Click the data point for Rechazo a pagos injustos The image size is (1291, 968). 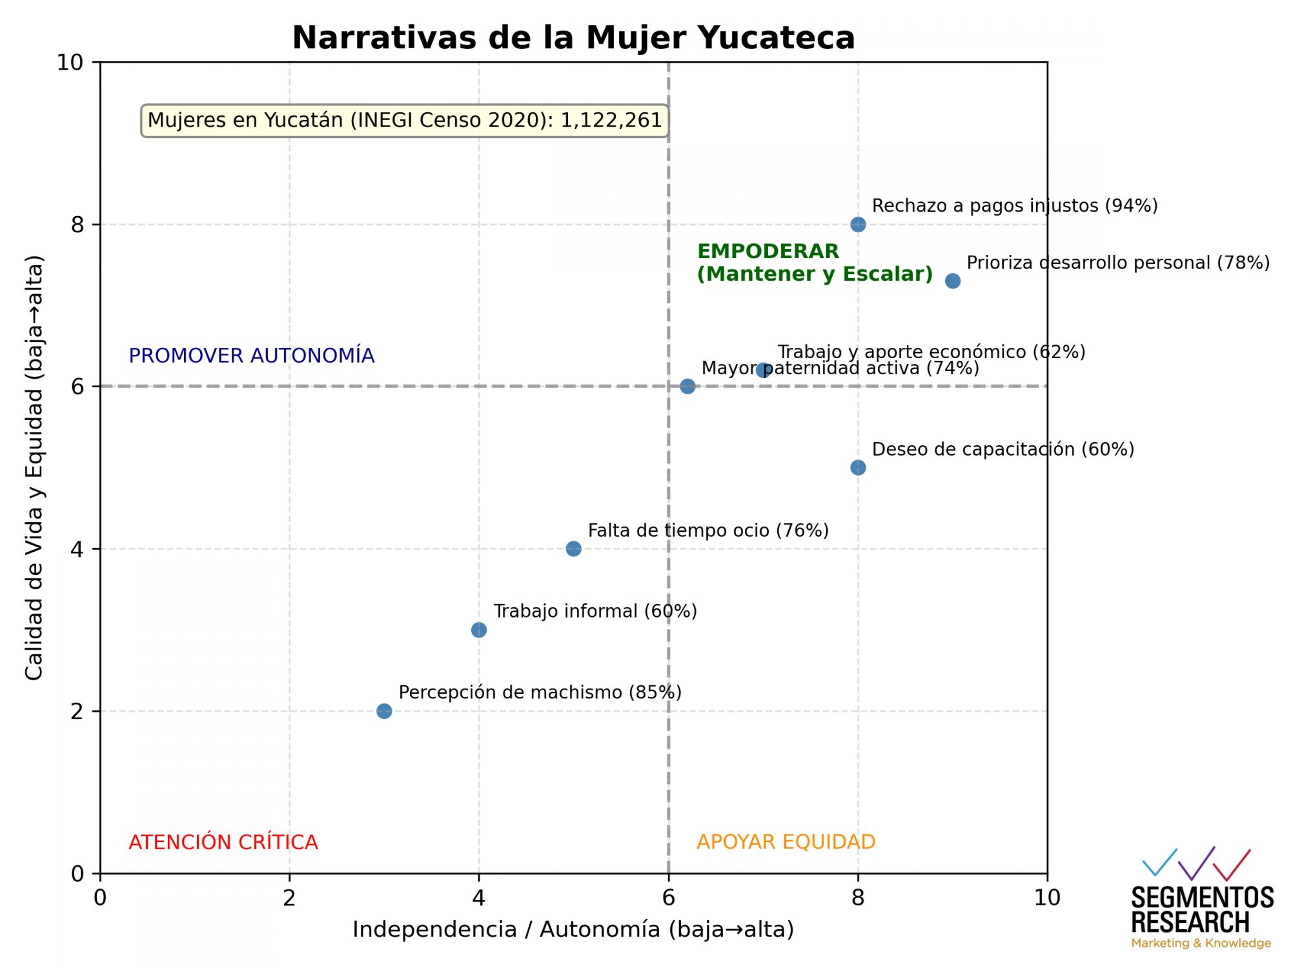pyautogui.click(x=858, y=225)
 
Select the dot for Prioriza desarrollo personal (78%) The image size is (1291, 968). pyautogui.click(x=953, y=281)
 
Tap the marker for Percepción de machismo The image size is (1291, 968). pyautogui.click(x=384, y=711)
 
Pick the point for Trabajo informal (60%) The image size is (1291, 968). pyautogui.click(x=479, y=630)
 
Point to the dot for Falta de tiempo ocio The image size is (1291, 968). pyautogui.click(x=573, y=549)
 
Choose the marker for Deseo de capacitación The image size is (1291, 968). pyautogui.click(x=858, y=467)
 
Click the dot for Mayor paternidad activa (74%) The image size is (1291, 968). pyautogui.click(x=687, y=387)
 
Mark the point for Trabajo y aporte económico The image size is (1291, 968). pyautogui.click(x=764, y=370)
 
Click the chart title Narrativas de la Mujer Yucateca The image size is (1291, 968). pyautogui.click(x=573, y=37)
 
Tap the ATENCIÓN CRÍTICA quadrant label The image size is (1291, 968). pyautogui.click(x=223, y=842)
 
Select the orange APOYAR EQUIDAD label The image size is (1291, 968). pyautogui.click(x=786, y=842)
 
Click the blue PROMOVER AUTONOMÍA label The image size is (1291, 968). pyautogui.click(x=252, y=356)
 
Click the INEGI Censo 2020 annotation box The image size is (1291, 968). pyautogui.click(x=405, y=121)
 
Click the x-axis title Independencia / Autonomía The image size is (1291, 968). pyautogui.click(x=573, y=929)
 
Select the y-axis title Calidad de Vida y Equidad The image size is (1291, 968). pyautogui.click(x=34, y=468)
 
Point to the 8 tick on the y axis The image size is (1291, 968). pyautogui.click(x=78, y=225)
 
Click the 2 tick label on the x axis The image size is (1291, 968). pyautogui.click(x=289, y=898)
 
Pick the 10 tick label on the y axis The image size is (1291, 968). pyautogui.click(x=70, y=63)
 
